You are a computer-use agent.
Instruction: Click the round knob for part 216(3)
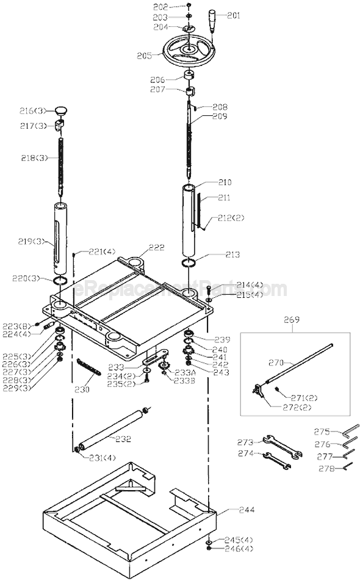pos(62,110)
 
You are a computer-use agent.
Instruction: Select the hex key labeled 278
pos(348,466)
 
